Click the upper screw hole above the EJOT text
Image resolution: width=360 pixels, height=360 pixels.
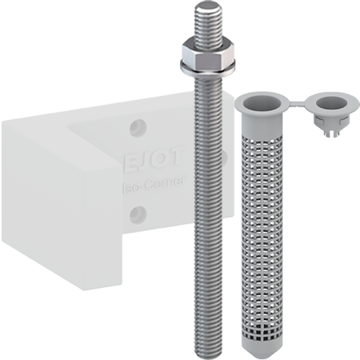coord(136,127)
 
